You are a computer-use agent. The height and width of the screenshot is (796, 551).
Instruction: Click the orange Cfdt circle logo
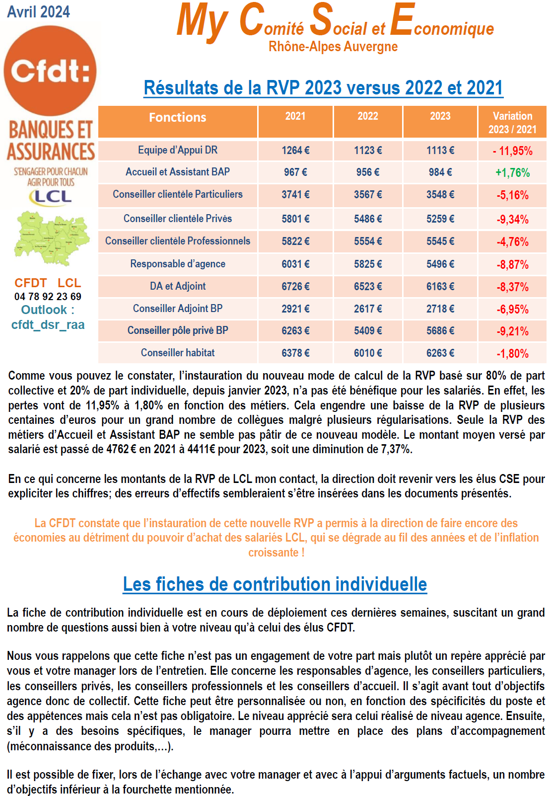click(50, 71)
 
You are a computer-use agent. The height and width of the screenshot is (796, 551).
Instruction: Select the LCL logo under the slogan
click(51, 197)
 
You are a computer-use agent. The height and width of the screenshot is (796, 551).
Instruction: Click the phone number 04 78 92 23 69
click(48, 297)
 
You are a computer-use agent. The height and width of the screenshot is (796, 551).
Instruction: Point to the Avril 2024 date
click(39, 12)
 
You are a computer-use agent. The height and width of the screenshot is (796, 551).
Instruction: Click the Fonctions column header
click(178, 118)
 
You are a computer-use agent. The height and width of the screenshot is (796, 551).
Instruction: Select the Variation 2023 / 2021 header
click(512, 123)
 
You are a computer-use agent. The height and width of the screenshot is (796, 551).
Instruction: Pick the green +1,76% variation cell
click(512, 173)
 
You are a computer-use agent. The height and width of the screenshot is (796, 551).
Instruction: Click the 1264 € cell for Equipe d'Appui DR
click(295, 151)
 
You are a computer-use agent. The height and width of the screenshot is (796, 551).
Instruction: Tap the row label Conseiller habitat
click(178, 353)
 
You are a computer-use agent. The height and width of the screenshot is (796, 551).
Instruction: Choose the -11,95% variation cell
click(512, 151)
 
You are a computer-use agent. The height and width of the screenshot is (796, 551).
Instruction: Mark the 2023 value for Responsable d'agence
click(440, 264)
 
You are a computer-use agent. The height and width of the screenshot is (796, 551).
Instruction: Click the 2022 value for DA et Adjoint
click(368, 287)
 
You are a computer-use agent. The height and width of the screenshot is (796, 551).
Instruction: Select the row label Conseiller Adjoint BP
click(178, 309)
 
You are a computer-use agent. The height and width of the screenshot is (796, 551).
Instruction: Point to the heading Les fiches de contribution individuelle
click(275, 584)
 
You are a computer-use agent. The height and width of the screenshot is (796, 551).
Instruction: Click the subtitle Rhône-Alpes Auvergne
click(333, 47)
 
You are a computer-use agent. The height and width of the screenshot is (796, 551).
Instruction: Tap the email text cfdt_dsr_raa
click(48, 325)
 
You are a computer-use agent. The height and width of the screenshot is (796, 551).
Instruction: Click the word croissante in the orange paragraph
click(273, 553)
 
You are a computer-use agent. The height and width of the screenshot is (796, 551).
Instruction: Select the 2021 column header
click(295, 116)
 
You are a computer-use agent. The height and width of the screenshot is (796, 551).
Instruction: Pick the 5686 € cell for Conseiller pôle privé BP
click(440, 331)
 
